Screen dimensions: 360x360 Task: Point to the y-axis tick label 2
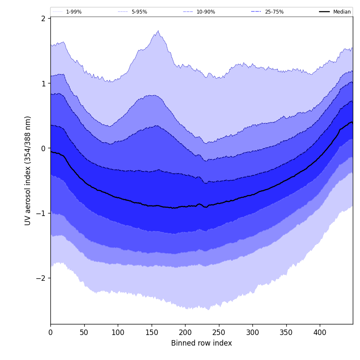pos(43,19)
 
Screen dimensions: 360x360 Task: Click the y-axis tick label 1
pos(43,83)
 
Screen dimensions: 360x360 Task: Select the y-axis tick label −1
pos(42,213)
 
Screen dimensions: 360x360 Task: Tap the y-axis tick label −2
pos(42,278)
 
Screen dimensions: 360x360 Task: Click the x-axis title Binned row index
pos(202,343)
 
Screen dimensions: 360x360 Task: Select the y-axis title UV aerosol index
pos(28,171)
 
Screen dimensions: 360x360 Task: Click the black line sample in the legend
pos(325,12)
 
